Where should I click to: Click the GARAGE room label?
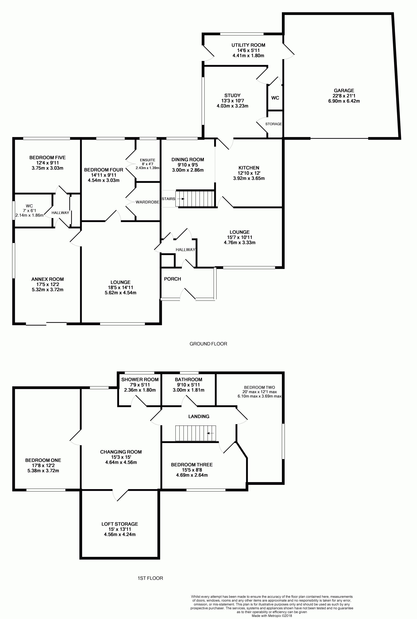point(344,91)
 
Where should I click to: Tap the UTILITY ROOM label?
point(248,45)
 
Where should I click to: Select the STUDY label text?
point(232,95)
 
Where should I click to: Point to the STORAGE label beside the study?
point(273,124)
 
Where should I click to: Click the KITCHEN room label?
point(249,168)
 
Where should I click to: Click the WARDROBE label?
point(147,202)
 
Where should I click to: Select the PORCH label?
point(172,279)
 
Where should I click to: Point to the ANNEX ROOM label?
point(48,279)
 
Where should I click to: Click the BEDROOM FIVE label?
point(47,158)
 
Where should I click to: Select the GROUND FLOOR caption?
point(208,344)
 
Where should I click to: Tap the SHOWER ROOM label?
point(140,379)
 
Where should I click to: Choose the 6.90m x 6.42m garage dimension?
point(344,101)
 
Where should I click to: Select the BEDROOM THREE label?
point(192,465)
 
